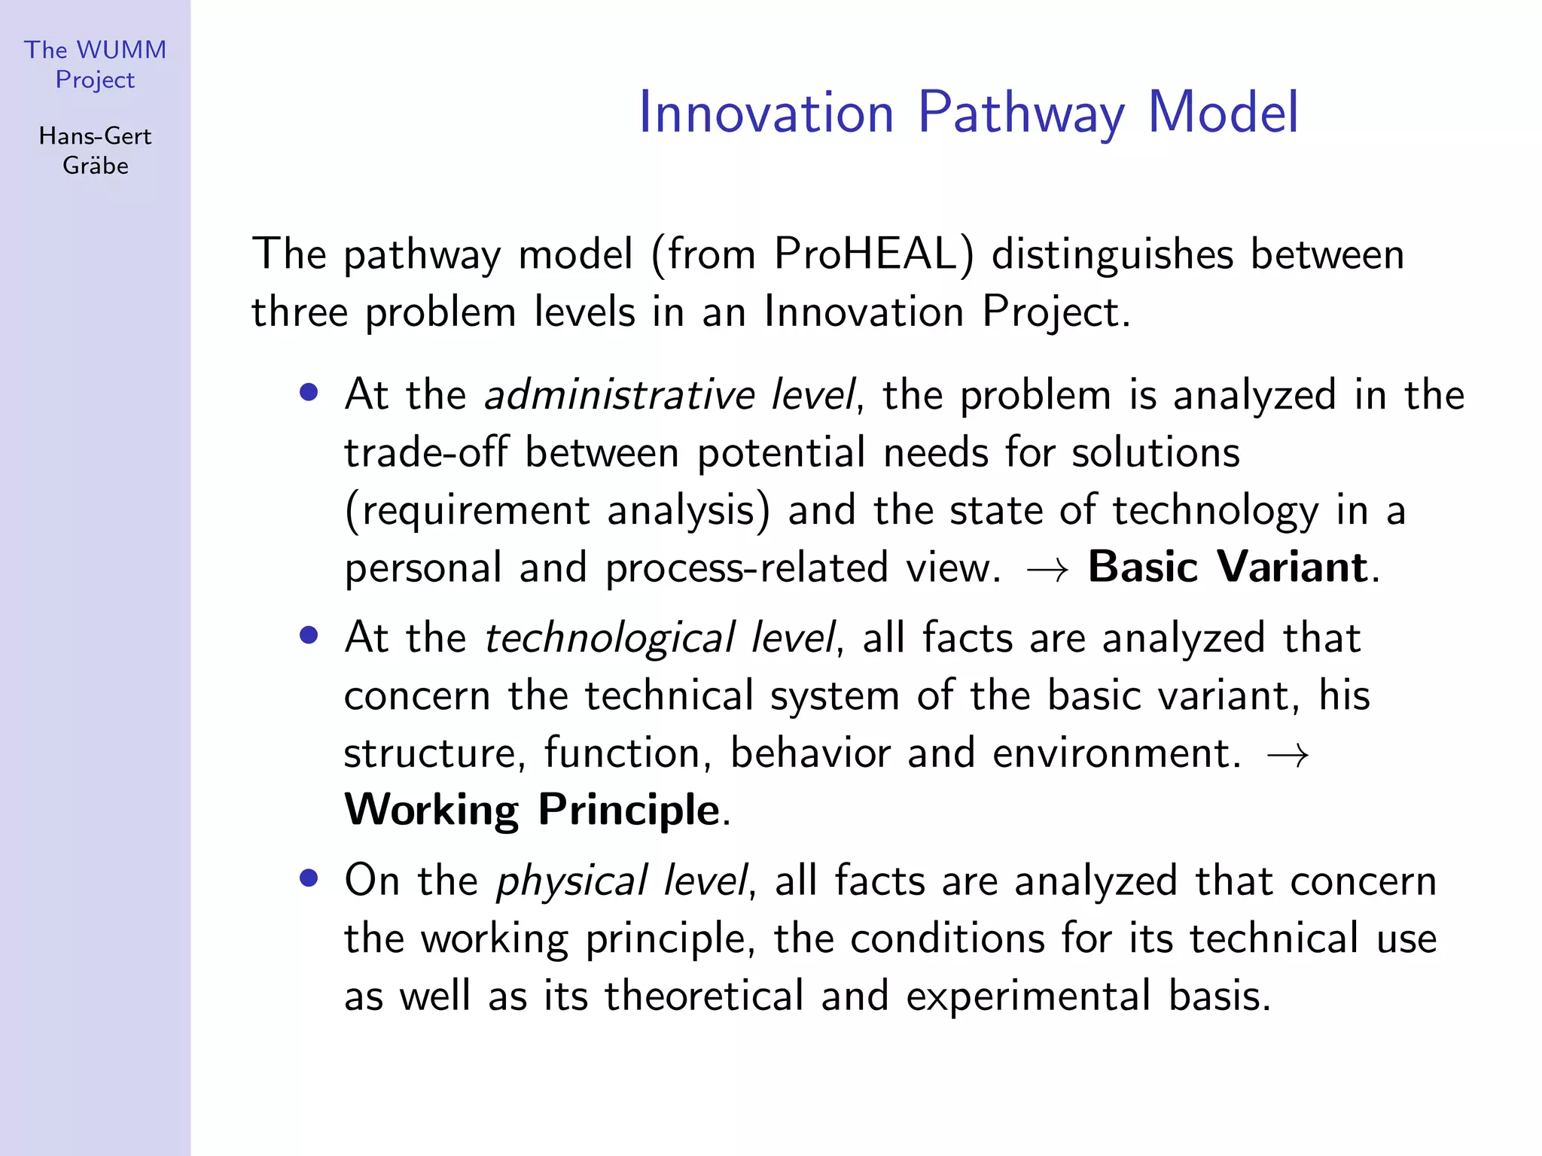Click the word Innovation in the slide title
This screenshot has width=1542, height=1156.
point(766,113)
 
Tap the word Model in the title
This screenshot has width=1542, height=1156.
point(1223,113)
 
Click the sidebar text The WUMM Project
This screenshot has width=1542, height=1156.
point(95,65)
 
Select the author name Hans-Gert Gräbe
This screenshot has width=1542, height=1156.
point(95,151)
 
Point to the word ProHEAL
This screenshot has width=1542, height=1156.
point(873,254)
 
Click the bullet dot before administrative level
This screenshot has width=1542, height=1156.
point(308,392)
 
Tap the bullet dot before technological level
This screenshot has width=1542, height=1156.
point(308,635)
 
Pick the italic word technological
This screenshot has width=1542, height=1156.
point(609,638)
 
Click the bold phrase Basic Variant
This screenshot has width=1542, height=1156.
point(1227,567)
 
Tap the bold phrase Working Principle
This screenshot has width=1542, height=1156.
point(532,810)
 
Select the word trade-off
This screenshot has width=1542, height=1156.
point(426,453)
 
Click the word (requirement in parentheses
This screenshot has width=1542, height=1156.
point(467,511)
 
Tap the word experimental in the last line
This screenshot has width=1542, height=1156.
point(1028,996)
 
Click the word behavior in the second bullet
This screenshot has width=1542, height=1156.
point(810,753)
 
